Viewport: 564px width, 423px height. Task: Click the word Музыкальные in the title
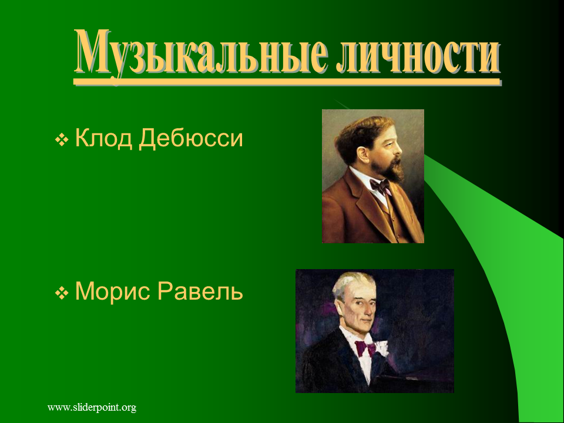[202, 53]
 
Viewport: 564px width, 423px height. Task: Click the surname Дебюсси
[191, 139]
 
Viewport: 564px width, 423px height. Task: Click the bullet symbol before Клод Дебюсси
[62, 140]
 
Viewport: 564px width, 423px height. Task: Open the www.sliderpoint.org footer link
[92, 408]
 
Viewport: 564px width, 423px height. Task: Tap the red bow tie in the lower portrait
[366, 348]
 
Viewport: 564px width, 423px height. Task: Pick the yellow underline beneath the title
[287, 82]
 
